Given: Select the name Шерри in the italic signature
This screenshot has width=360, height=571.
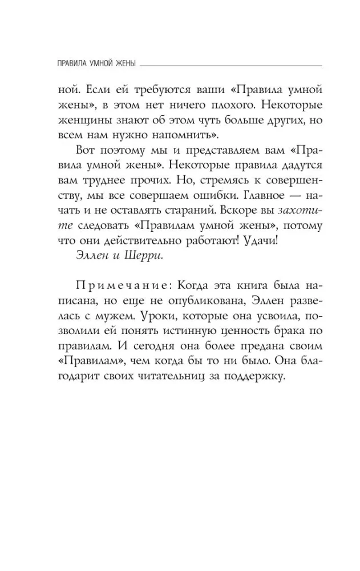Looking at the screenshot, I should click(x=145, y=255).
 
